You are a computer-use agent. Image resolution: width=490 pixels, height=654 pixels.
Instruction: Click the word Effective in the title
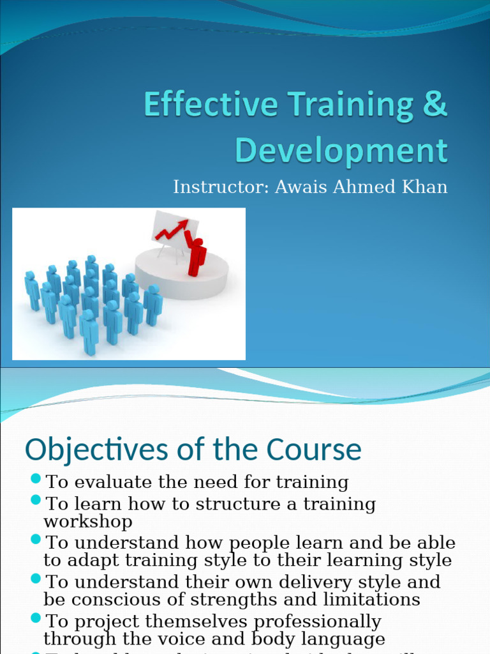tap(208, 105)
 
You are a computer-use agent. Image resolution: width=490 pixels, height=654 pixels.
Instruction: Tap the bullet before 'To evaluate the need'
tap(36, 479)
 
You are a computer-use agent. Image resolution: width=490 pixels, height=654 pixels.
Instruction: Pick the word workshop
tap(88, 521)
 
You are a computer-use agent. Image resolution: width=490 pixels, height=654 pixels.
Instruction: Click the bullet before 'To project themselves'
tap(36, 618)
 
